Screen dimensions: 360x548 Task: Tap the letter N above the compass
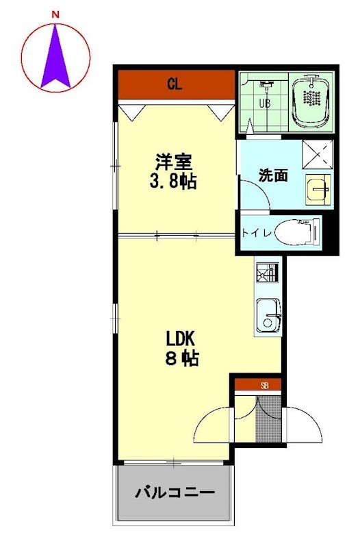55,14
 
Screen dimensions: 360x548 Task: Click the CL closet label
175,84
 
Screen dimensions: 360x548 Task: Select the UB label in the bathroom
264,103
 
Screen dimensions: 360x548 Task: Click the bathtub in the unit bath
311,101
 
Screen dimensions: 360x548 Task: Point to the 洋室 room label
174,162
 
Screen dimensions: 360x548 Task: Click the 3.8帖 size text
173,182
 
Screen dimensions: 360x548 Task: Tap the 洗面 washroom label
273,175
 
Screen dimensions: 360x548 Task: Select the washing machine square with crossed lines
318,155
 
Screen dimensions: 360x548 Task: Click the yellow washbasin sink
318,189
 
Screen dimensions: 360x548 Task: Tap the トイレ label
257,233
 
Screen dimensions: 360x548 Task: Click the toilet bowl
297,231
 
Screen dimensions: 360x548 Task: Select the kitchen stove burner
268,272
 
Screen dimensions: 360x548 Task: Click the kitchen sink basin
268,316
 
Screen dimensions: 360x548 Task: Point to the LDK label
180,338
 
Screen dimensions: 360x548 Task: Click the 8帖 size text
182,358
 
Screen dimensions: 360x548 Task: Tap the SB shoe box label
264,386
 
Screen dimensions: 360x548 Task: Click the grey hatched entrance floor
268,419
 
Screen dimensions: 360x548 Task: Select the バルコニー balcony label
175,493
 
